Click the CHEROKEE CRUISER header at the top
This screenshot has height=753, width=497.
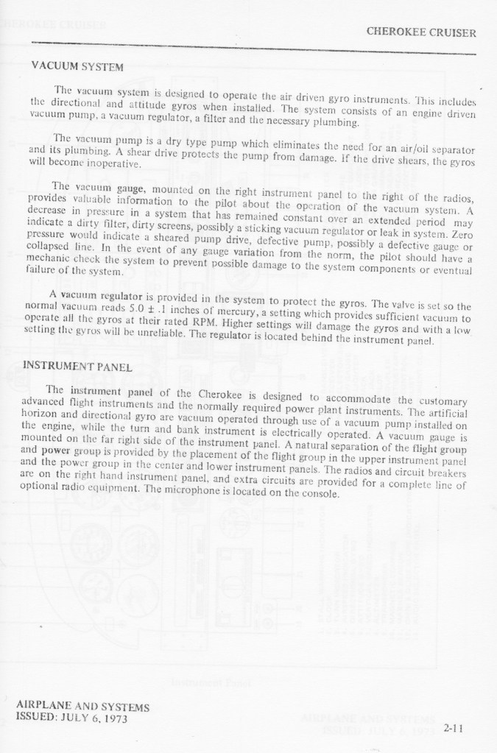pyautogui.click(x=420, y=32)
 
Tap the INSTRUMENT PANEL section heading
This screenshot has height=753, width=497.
pyautogui.click(x=77, y=366)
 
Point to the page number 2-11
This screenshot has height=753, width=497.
pyautogui.click(x=454, y=729)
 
